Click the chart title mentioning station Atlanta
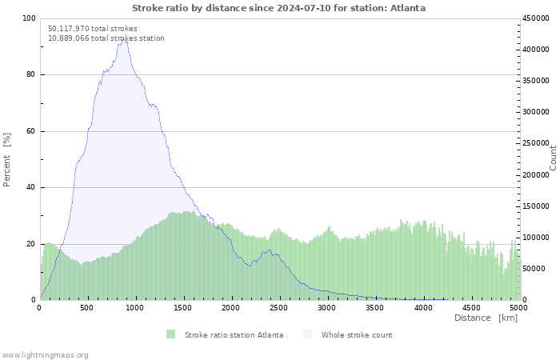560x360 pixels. tap(278, 8)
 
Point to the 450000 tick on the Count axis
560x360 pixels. tap(535, 18)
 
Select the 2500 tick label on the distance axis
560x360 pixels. tap(278, 308)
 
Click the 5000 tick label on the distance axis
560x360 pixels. tap(518, 308)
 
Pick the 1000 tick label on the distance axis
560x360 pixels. tap(134, 308)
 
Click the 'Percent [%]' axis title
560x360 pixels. tap(6, 160)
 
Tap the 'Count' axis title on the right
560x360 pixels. tap(553, 158)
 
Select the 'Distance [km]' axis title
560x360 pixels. tap(486, 318)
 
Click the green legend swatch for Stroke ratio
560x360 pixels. tap(170, 334)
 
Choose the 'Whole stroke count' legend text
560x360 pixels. tap(357, 335)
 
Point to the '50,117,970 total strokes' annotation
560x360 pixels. tap(93, 29)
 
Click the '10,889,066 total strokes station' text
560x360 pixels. tap(106, 38)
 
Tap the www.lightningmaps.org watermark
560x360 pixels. tap(45, 355)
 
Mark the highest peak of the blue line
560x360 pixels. tap(124, 39)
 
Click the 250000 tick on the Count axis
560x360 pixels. tap(535, 143)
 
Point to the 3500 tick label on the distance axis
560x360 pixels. tap(374, 308)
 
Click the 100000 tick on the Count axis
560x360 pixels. tap(535, 238)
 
